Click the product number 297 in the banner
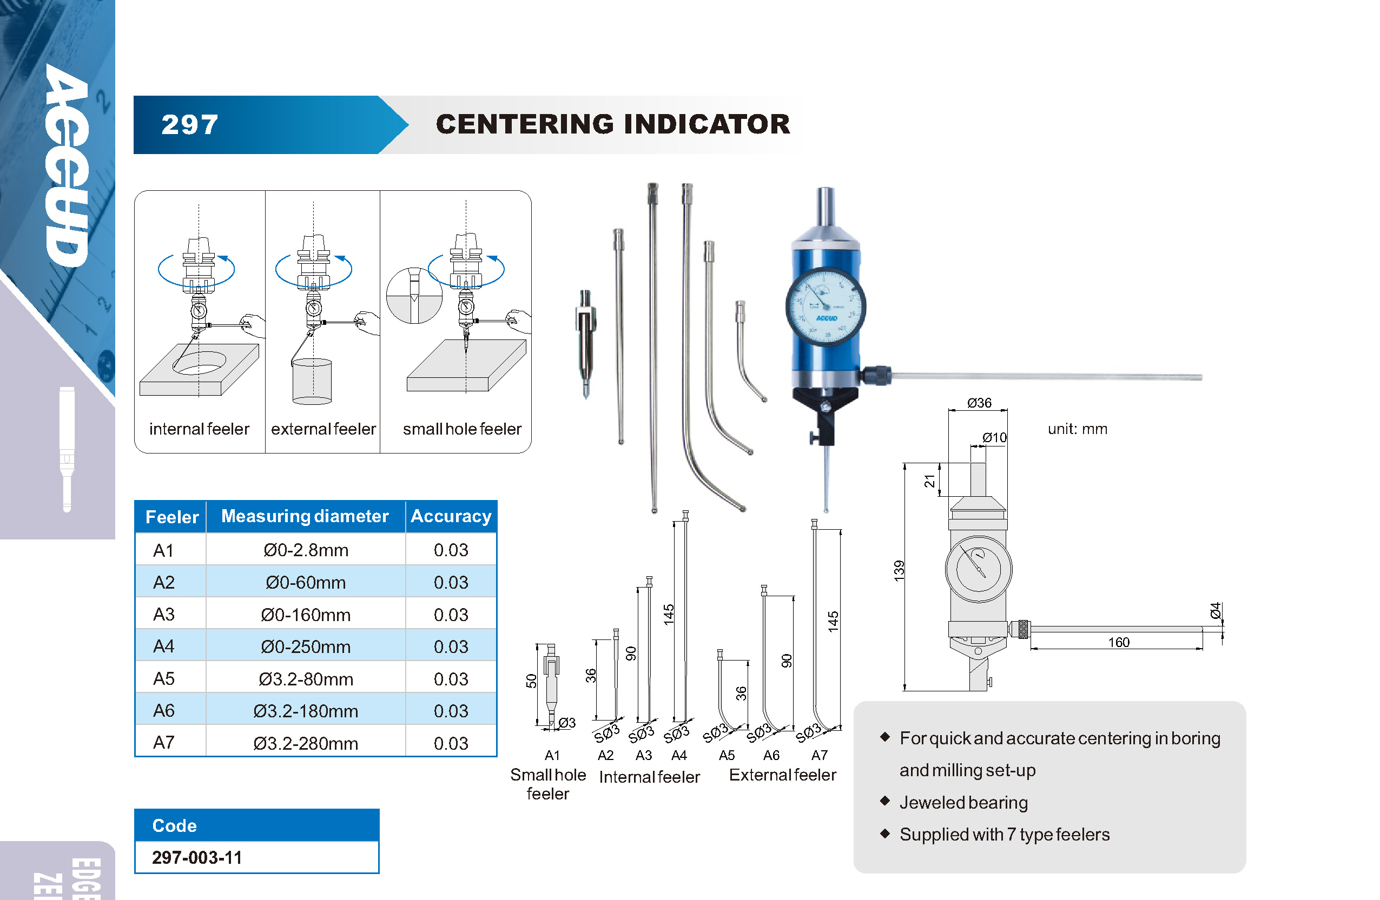pyautogui.click(x=189, y=125)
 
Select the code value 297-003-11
pyautogui.click(x=196, y=857)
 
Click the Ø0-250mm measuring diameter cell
pyautogui.click(x=306, y=646)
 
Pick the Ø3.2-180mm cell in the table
pyautogui.click(x=306, y=711)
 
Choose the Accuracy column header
pyautogui.click(x=451, y=516)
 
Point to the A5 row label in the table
pyautogui.click(x=163, y=678)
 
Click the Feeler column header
pyautogui.click(x=171, y=517)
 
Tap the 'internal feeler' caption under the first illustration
pyautogui.click(x=199, y=429)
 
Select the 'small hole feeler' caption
pyautogui.click(x=462, y=429)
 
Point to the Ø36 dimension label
pyautogui.click(x=979, y=403)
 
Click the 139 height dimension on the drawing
pyautogui.click(x=899, y=571)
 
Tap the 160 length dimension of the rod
pyautogui.click(x=1119, y=642)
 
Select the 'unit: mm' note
pyautogui.click(x=1077, y=429)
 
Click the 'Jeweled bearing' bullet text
pyautogui.click(x=963, y=803)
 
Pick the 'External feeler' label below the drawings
pyautogui.click(x=782, y=775)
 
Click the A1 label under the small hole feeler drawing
pyautogui.click(x=552, y=755)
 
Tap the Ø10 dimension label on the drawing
pyautogui.click(x=994, y=437)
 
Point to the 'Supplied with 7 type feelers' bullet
pyautogui.click(x=1004, y=835)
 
